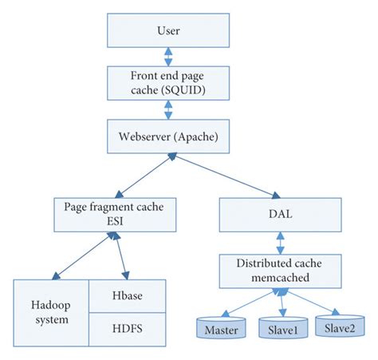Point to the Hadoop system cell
tap(50, 312)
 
